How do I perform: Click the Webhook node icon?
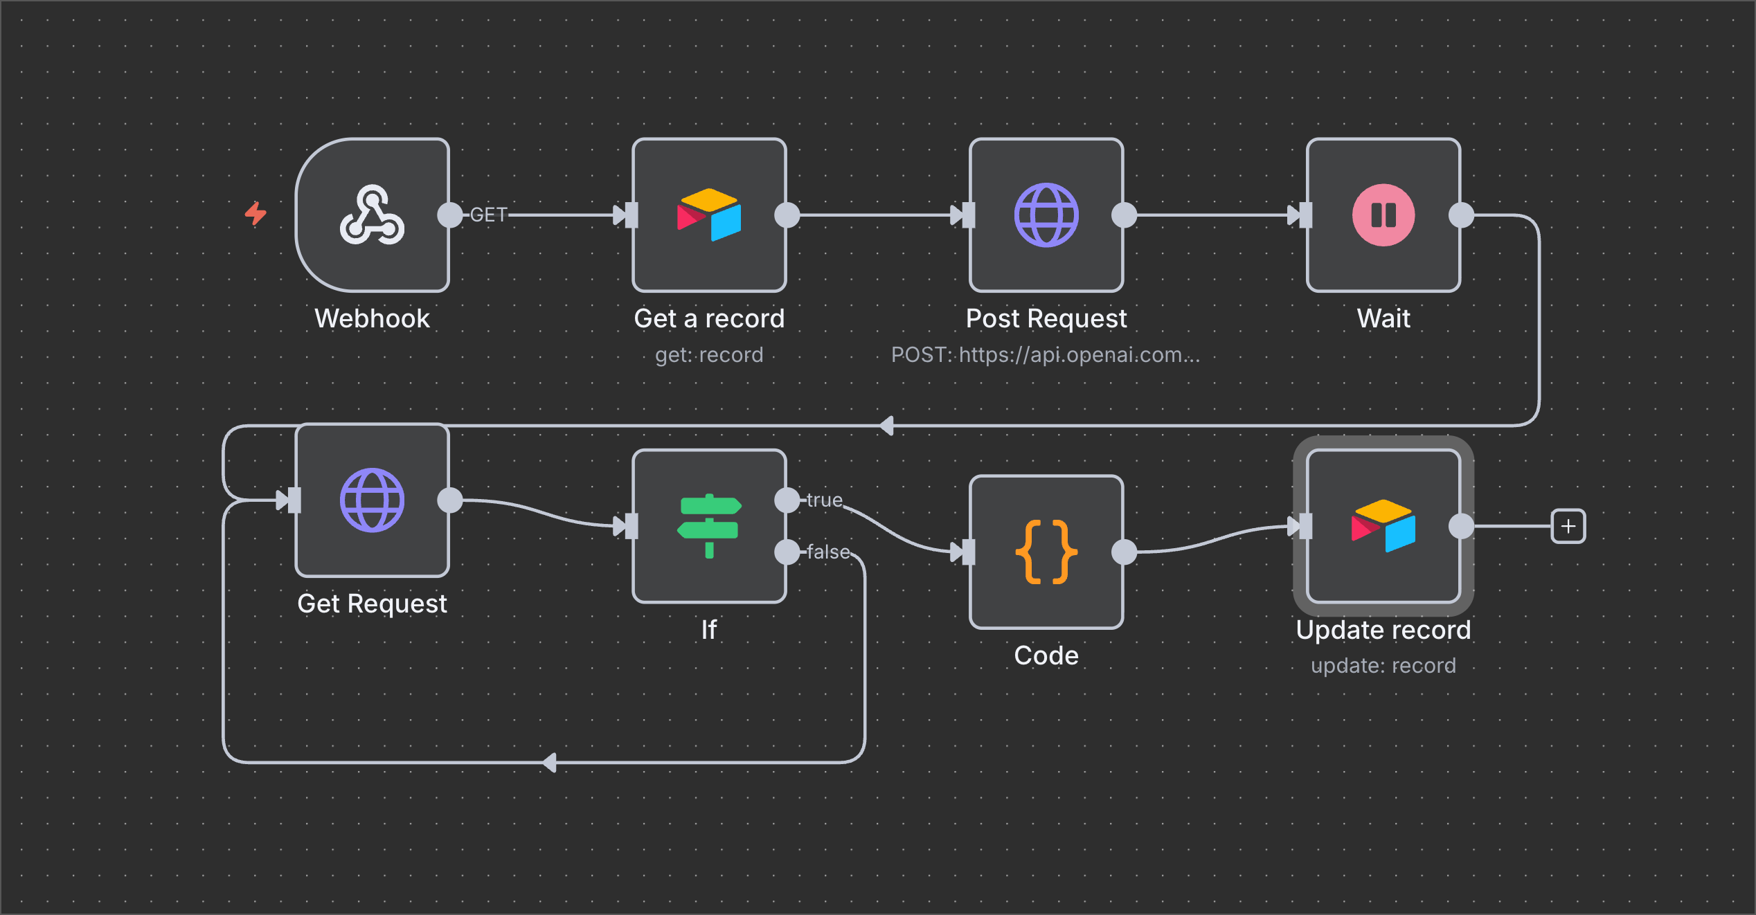(372, 215)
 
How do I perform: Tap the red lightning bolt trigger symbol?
(256, 213)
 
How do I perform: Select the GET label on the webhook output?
(489, 215)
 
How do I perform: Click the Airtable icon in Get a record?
(709, 215)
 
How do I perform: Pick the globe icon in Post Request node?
(1046, 215)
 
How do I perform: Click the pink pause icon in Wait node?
(1383, 215)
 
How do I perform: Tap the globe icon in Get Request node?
(372, 500)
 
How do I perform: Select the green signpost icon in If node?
(709, 526)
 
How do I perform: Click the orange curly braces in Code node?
(1046, 552)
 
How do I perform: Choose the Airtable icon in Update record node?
(1383, 526)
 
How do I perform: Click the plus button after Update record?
(1568, 527)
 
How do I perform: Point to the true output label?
(825, 500)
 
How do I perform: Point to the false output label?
(828, 552)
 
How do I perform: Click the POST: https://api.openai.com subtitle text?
(1046, 355)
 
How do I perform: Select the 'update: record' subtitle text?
(1383, 666)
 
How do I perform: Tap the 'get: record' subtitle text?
(709, 355)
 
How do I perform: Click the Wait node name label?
(1383, 318)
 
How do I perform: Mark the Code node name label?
(1046, 655)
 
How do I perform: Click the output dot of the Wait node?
(1461, 215)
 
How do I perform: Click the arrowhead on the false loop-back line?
(550, 763)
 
